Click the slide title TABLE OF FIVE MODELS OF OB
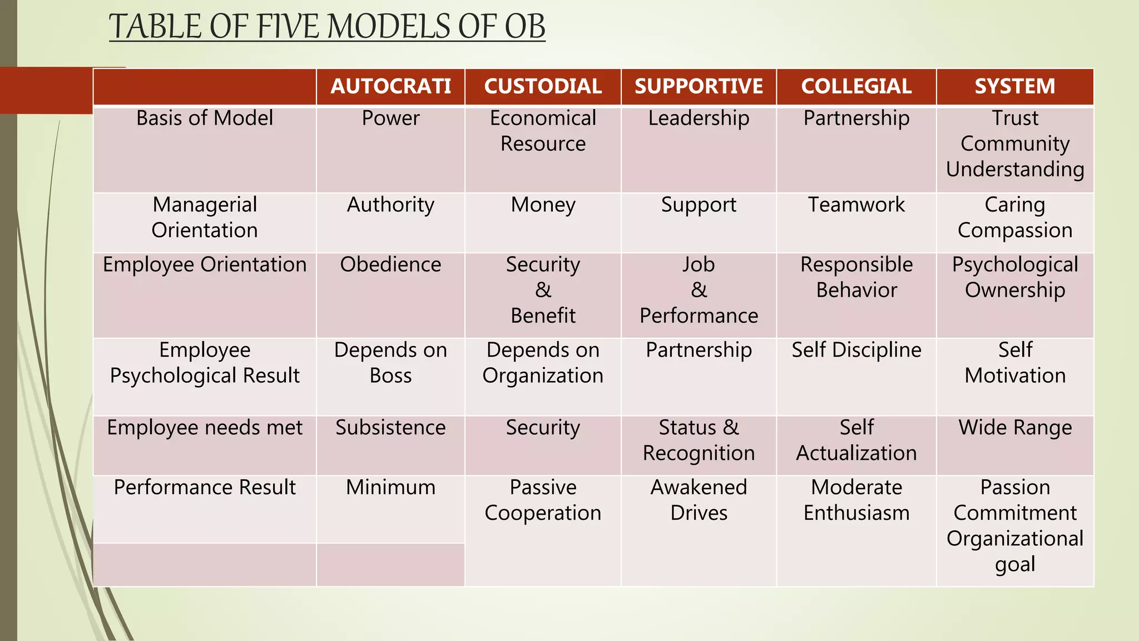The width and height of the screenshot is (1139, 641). pyautogui.click(x=327, y=27)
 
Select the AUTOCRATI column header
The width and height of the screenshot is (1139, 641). pyautogui.click(x=390, y=86)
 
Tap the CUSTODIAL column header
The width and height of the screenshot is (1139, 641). pyautogui.click(x=543, y=86)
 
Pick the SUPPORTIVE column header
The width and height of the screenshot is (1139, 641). pyautogui.click(x=699, y=86)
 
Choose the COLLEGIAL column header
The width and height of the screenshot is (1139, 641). pyautogui.click(x=856, y=86)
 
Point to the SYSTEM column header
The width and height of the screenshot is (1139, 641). pyautogui.click(x=1015, y=86)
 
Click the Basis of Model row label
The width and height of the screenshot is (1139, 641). pyautogui.click(x=205, y=118)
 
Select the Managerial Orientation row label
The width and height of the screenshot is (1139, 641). pyautogui.click(x=205, y=218)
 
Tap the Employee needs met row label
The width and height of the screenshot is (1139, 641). pyautogui.click(x=205, y=427)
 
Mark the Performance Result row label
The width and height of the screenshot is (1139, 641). pyautogui.click(x=205, y=487)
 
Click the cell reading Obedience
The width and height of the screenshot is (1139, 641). pyautogui.click(x=390, y=264)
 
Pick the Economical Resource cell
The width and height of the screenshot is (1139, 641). pyautogui.click(x=543, y=131)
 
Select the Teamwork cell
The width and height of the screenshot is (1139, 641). pyautogui.click(x=856, y=205)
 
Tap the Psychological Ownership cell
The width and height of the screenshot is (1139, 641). pyautogui.click(x=1015, y=277)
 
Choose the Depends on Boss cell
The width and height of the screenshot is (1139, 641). pyautogui.click(x=390, y=363)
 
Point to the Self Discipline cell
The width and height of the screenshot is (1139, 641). pyautogui.click(x=856, y=350)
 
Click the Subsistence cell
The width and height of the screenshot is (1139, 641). pyautogui.click(x=390, y=427)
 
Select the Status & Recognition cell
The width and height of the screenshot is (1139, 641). pyautogui.click(x=699, y=440)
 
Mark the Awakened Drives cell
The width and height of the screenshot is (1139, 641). pyautogui.click(x=699, y=500)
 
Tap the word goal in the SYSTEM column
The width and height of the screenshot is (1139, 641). pyautogui.click(x=1015, y=564)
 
